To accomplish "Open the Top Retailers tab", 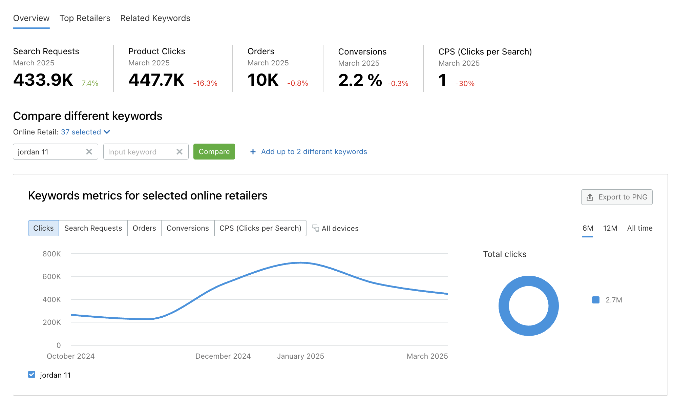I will click(x=85, y=18).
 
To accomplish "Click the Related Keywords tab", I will click(x=155, y=18).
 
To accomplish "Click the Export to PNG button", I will click(x=616, y=197).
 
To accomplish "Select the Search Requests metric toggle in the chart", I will click(x=93, y=228).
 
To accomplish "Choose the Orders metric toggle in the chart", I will click(x=144, y=228).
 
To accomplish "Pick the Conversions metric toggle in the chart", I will click(x=188, y=228).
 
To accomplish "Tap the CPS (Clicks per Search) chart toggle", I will click(x=260, y=228).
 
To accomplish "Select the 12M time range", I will click(x=610, y=228).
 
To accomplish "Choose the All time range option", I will click(x=639, y=228).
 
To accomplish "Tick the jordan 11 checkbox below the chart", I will click(x=32, y=375).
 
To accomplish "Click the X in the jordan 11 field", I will click(x=89, y=152).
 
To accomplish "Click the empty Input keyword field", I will click(x=139, y=152).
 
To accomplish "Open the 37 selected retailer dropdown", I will click(x=85, y=132).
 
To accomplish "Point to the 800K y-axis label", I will click(x=51, y=254).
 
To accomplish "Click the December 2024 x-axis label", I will click(x=223, y=356).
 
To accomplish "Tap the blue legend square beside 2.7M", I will click(x=595, y=300).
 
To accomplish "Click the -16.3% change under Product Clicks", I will click(x=205, y=83).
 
